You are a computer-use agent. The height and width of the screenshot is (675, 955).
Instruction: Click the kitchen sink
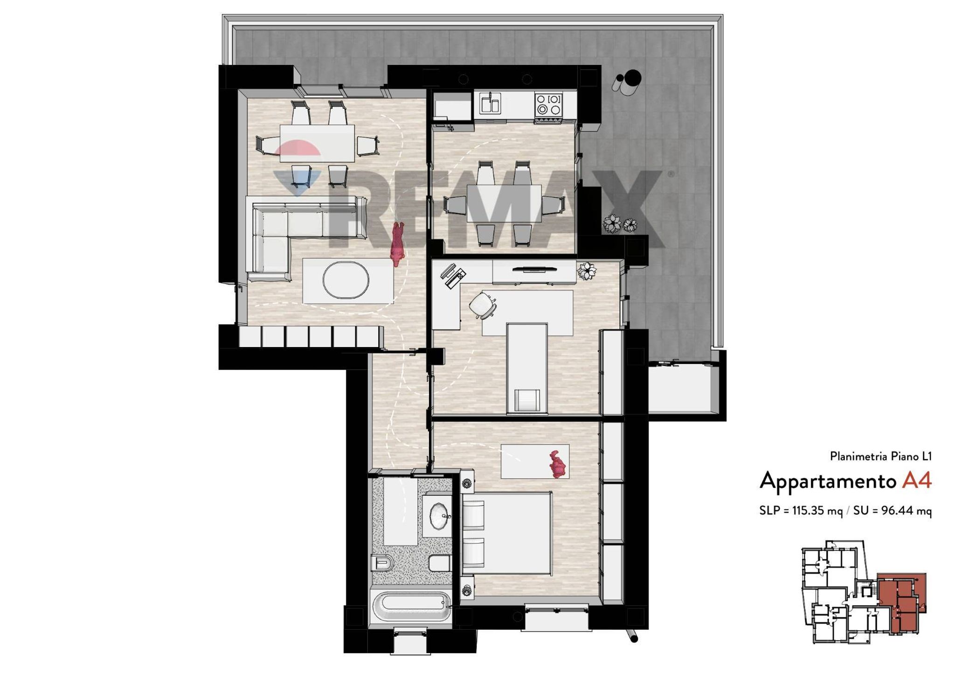(488, 103)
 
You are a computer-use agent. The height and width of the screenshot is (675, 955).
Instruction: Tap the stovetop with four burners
(548, 104)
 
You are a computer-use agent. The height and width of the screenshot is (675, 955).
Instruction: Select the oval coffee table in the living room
(346, 280)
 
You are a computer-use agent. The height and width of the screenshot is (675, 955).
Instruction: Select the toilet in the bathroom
(382, 564)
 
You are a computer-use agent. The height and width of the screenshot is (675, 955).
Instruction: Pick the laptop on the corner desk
(452, 275)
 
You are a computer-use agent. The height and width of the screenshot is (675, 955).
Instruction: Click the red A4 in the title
(916, 480)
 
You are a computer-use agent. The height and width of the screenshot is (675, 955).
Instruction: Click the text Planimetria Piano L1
(881, 456)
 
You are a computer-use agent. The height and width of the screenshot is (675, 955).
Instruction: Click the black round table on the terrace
(632, 78)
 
